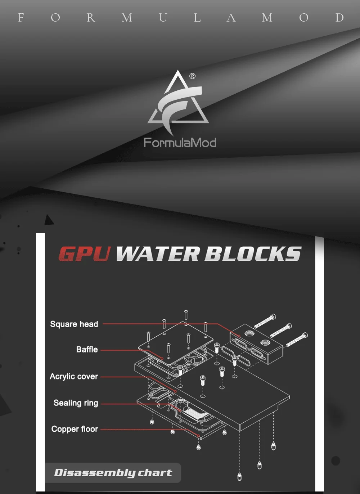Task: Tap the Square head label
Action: pyautogui.click(x=74, y=324)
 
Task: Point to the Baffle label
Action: pyautogui.click(x=87, y=350)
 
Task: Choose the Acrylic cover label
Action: pyautogui.click(x=74, y=377)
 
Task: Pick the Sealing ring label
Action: pyautogui.click(x=76, y=403)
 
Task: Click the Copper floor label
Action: pyautogui.click(x=75, y=429)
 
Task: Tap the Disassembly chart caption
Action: pyautogui.click(x=113, y=473)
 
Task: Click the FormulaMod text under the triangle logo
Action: pyautogui.click(x=180, y=142)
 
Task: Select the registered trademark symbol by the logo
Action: pyautogui.click(x=192, y=76)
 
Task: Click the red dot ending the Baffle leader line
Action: pyautogui.click(x=162, y=359)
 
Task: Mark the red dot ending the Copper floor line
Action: pyautogui.click(x=198, y=436)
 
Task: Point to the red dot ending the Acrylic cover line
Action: pyautogui.click(x=175, y=392)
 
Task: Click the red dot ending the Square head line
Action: pyautogui.click(x=239, y=336)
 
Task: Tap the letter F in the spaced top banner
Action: pyautogui.click(x=21, y=18)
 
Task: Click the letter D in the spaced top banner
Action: pyautogui.click(x=339, y=18)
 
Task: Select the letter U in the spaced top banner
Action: pyautogui.click(x=163, y=18)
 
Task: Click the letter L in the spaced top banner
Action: pyautogui.click(x=197, y=18)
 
